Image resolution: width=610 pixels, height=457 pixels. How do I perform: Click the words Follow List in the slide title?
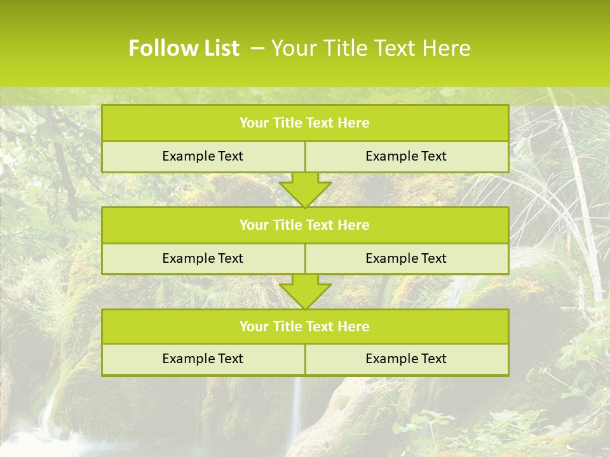(x=184, y=48)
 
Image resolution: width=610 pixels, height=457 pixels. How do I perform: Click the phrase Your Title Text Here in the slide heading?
(x=370, y=48)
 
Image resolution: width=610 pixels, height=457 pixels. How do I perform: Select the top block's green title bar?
(x=305, y=123)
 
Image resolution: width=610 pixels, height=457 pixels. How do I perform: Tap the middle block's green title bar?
(x=305, y=225)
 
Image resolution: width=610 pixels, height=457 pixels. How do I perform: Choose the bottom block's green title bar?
(x=305, y=326)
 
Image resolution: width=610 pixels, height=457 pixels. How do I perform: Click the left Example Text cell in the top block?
(x=203, y=156)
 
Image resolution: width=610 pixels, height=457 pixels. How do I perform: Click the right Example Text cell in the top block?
(x=406, y=156)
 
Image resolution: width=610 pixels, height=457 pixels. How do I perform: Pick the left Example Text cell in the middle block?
(x=203, y=258)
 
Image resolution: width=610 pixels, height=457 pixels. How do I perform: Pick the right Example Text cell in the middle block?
(x=406, y=258)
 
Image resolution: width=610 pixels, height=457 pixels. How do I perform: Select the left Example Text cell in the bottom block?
(x=203, y=359)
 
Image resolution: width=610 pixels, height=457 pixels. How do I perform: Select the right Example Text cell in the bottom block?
(x=406, y=359)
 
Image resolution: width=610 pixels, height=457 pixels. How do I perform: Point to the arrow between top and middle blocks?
(x=305, y=189)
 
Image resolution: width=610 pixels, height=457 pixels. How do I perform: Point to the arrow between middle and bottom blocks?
(x=305, y=291)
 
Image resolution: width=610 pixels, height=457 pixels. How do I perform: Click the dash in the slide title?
(x=257, y=48)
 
